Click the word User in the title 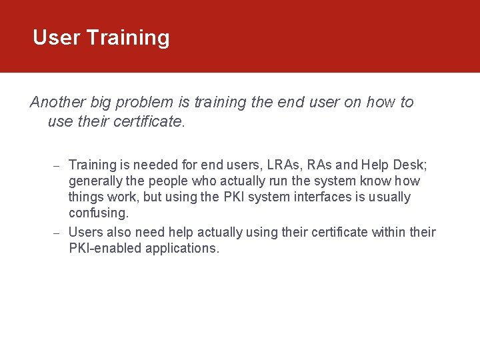[x=56, y=37]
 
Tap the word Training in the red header [x=128, y=38]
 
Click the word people [x=175, y=181]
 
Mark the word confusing [x=99, y=213]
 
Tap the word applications [x=180, y=248]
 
